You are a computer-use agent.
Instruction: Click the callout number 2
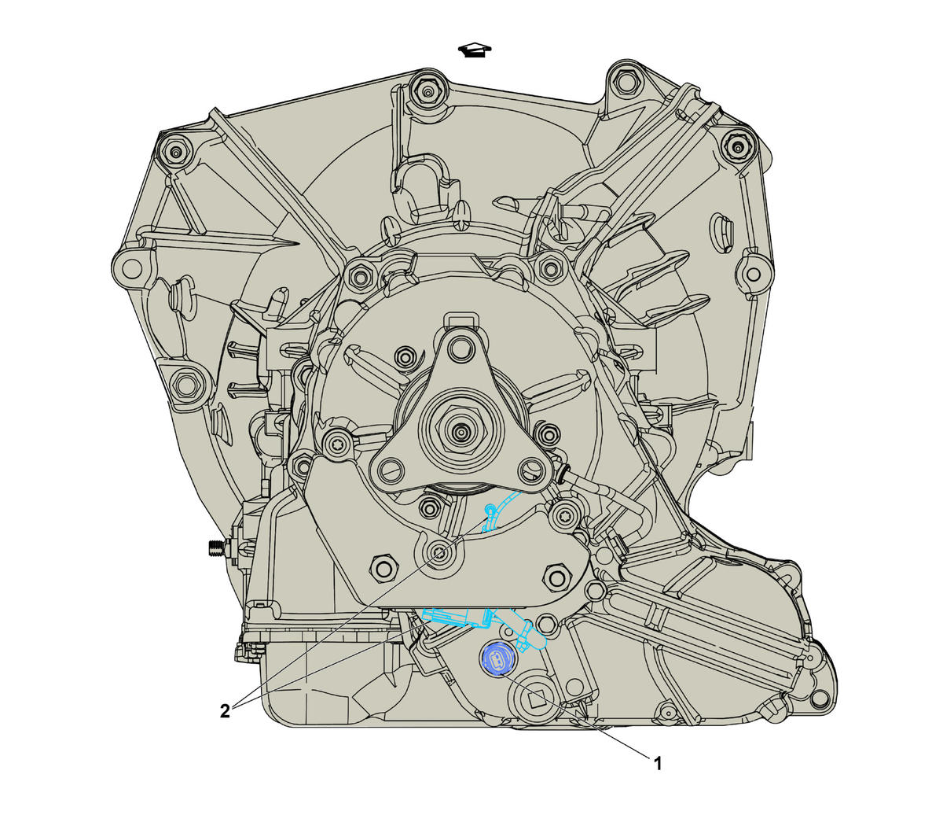(225, 712)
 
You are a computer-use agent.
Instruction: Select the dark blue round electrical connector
(495, 661)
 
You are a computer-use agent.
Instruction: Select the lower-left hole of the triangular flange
(390, 470)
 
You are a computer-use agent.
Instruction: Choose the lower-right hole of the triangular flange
(530, 470)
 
